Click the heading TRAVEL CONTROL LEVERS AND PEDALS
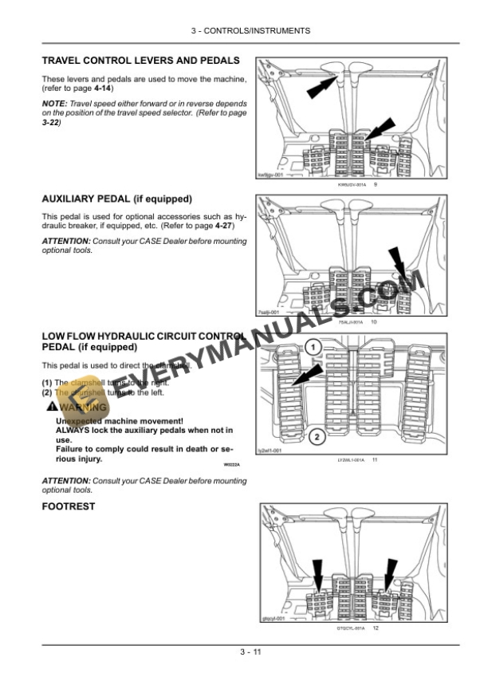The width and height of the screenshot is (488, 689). pos(140,60)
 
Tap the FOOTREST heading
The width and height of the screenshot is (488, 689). pos(68,506)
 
